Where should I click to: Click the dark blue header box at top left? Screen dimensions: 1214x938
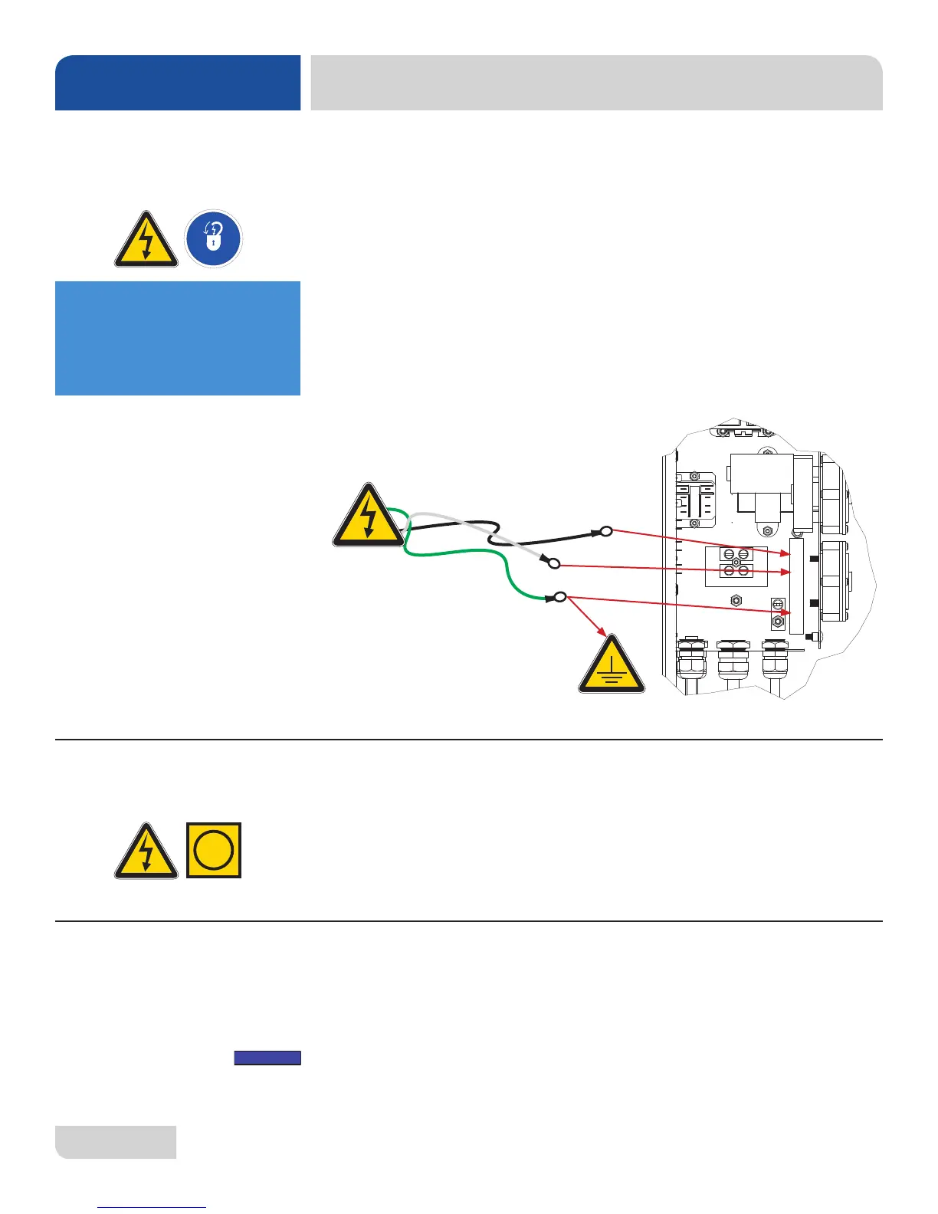(x=177, y=83)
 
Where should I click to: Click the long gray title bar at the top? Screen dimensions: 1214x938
(x=596, y=83)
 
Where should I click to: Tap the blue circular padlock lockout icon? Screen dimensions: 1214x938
(x=214, y=239)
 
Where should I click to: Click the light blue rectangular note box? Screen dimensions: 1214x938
(x=177, y=338)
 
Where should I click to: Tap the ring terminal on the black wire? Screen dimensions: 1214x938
(x=605, y=531)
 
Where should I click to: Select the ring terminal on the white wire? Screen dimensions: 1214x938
(x=554, y=564)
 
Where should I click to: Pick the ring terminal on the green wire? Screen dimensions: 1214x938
(x=560, y=597)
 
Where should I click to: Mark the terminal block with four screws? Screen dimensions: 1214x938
(x=736, y=563)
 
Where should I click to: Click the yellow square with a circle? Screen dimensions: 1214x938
(x=214, y=850)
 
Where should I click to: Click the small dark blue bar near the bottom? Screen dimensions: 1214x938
(x=267, y=1058)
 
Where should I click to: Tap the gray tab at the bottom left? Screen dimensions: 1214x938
(x=116, y=1142)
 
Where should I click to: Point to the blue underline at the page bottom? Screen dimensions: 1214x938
(x=153, y=1208)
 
